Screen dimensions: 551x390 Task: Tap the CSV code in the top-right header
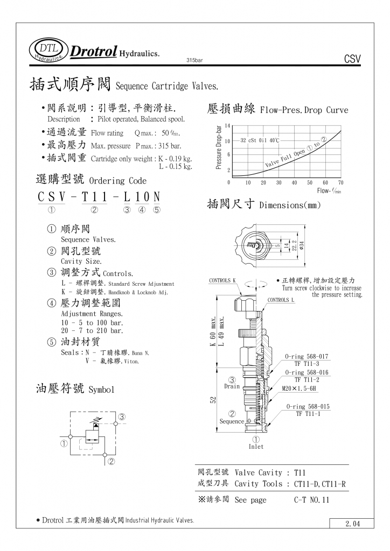tap(351, 59)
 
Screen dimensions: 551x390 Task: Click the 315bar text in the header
tap(194, 60)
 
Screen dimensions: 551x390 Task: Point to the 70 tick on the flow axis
tap(340, 182)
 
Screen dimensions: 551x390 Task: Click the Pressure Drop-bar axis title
tap(219, 147)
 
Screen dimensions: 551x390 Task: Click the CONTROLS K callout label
tap(222, 281)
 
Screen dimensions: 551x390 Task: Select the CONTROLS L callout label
tap(281, 300)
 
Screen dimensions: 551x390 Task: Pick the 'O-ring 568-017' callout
tap(307, 357)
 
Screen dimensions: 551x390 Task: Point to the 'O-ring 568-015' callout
tap(308, 406)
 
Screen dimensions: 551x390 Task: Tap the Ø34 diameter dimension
tap(302, 245)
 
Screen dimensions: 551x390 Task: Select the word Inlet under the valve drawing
tap(256, 447)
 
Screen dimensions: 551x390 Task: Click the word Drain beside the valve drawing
tap(232, 386)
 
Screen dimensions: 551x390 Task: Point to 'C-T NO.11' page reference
tap(311, 500)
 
